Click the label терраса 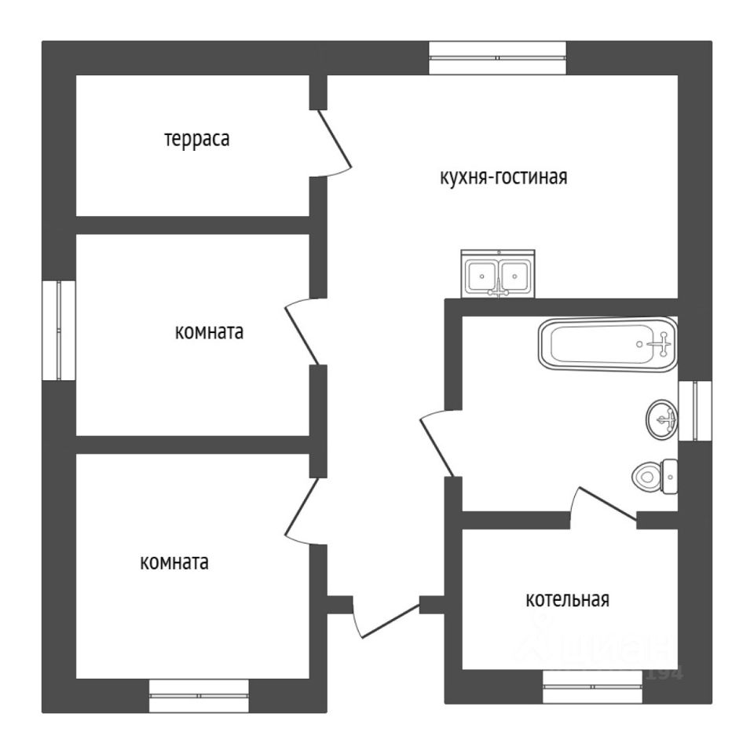[196, 140]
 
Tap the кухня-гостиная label [503, 177]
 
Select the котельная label [567, 600]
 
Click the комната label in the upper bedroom [208, 332]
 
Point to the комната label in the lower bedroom [174, 562]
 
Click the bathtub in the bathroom [607, 343]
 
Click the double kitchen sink [497, 274]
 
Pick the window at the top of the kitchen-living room [497, 57]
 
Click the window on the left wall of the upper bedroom [58, 330]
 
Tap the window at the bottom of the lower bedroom [199, 695]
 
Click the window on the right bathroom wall [694, 410]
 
